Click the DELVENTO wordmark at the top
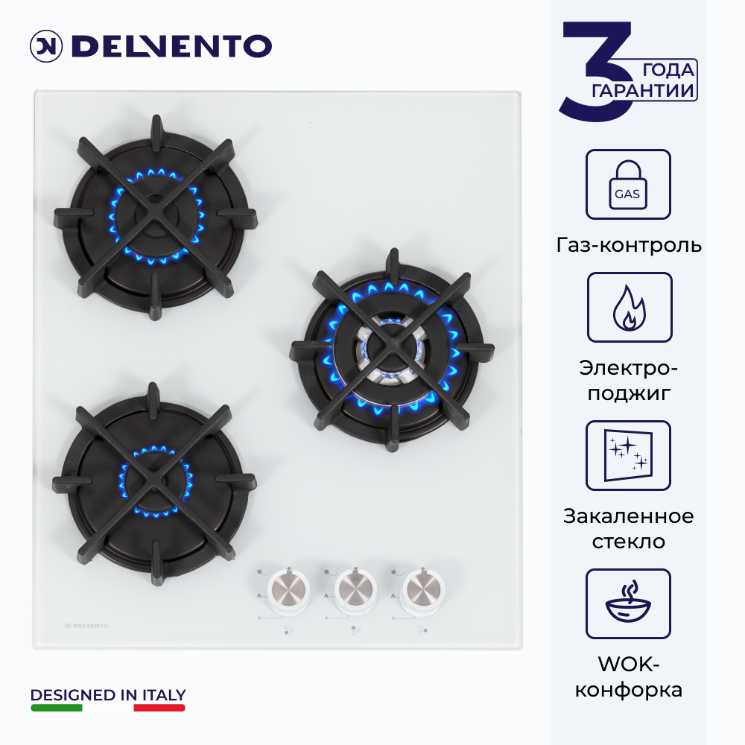point(171,46)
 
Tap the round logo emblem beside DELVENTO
point(46,46)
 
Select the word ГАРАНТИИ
point(643,90)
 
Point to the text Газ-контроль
point(629,245)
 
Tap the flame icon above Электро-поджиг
point(629,307)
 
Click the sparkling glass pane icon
point(628,455)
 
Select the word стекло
point(628,542)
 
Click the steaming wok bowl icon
point(628,603)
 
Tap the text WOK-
point(629,665)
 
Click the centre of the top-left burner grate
point(156,217)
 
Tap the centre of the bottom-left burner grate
point(154,484)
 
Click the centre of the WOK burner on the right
point(392,349)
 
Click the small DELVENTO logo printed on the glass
point(86,626)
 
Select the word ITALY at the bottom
point(164,695)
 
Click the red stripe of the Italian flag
point(159,708)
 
